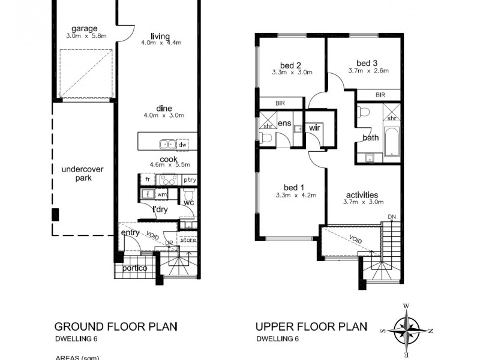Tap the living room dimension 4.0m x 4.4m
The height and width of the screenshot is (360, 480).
tap(161, 43)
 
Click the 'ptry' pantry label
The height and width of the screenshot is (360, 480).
tap(190, 179)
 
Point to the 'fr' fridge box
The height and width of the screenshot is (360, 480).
tap(147, 179)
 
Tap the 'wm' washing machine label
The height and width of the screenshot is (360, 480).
tap(162, 194)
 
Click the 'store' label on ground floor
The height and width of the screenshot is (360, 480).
tap(188, 241)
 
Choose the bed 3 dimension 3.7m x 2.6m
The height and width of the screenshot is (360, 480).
tap(368, 71)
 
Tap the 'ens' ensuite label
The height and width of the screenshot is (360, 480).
tap(284, 123)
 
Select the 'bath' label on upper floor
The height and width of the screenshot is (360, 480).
tap(370, 138)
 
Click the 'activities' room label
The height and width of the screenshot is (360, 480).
tap(362, 194)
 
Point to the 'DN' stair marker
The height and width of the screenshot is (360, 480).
tap(391, 217)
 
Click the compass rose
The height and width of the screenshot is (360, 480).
tap(406, 329)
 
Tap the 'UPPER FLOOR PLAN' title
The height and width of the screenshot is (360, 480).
tap(310, 327)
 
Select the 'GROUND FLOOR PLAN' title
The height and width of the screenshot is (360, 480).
tap(116, 327)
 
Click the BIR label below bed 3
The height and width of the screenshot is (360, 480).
tap(380, 95)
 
